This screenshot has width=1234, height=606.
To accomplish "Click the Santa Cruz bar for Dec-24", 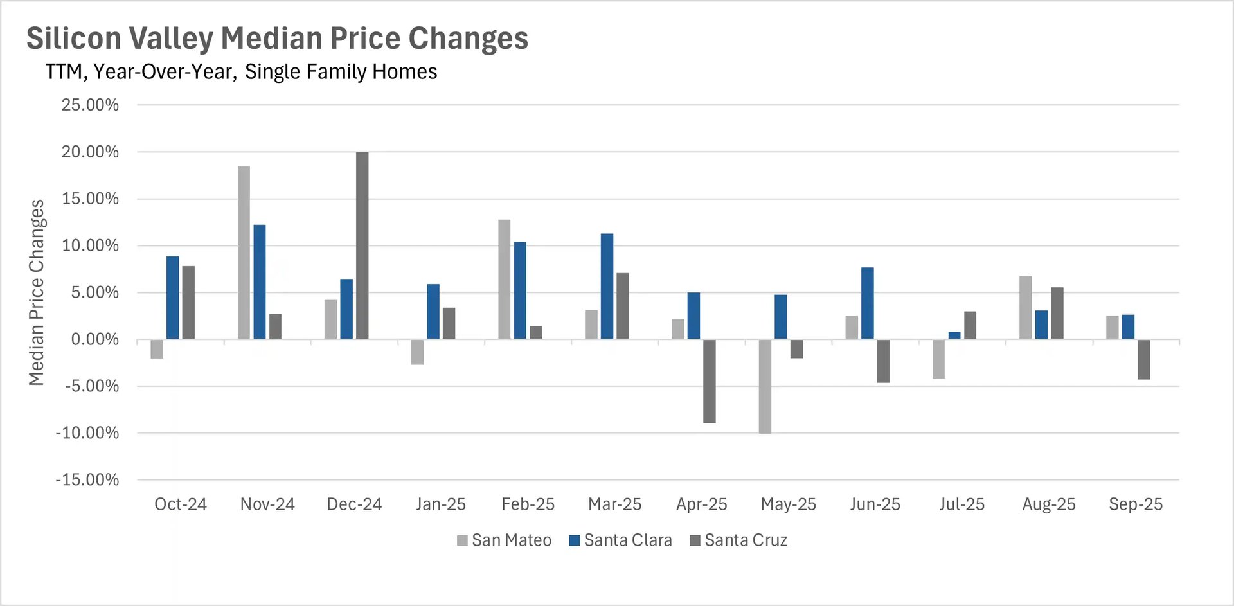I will pyautogui.click(x=362, y=245).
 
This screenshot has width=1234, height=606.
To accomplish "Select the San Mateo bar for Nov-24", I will pyautogui.click(x=244, y=252).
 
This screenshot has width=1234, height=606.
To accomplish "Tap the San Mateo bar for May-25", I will pyautogui.click(x=765, y=386).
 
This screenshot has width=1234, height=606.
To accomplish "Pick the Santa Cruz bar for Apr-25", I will pyautogui.click(x=709, y=381).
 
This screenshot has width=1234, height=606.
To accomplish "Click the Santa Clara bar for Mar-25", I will pyautogui.click(x=607, y=286).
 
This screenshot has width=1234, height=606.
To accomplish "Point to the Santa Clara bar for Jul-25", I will pyautogui.click(x=954, y=335).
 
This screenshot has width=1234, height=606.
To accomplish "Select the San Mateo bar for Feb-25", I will pyautogui.click(x=505, y=279).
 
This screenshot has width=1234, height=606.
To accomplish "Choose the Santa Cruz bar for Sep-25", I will pyautogui.click(x=1143, y=359).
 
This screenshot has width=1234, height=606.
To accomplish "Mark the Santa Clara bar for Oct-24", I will pyautogui.click(x=172, y=298).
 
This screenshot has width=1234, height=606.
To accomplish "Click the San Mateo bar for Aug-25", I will pyautogui.click(x=1025, y=307).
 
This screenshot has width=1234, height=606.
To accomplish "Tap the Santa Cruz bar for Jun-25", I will pyautogui.click(x=883, y=361).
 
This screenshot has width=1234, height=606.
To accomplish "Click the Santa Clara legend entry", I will pyautogui.click(x=621, y=540).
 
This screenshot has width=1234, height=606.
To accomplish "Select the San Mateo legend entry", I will pyautogui.click(x=505, y=540).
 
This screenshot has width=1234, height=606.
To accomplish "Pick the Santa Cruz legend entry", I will pyautogui.click(x=738, y=540).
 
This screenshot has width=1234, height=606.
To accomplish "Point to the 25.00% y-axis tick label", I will pyautogui.click(x=90, y=105).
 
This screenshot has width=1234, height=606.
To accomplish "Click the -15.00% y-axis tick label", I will pyautogui.click(x=87, y=480).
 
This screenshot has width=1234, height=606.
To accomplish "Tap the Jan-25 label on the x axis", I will pyautogui.click(x=441, y=504).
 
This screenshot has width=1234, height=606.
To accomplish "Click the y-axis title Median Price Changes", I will pyautogui.click(x=37, y=292).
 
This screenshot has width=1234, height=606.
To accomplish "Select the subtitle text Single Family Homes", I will pyautogui.click(x=341, y=72).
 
